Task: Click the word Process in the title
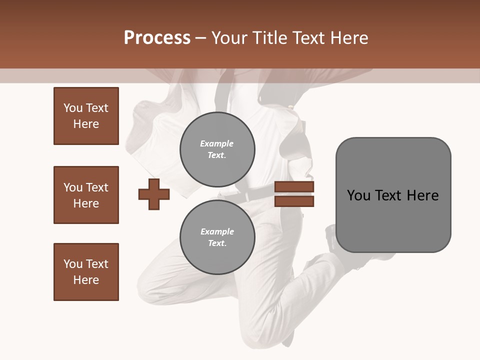[157, 38]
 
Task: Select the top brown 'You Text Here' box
[86, 116]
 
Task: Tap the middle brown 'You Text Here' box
[86, 195]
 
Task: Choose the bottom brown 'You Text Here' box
[86, 272]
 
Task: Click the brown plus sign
[154, 193]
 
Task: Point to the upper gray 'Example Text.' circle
[217, 149]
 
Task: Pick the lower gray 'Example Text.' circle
[217, 237]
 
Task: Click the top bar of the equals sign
[294, 187]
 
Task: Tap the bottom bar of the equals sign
[294, 201]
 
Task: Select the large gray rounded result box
[393, 194]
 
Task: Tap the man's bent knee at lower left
[150, 285]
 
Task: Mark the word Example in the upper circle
[217, 143]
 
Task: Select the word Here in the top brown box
[86, 124]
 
